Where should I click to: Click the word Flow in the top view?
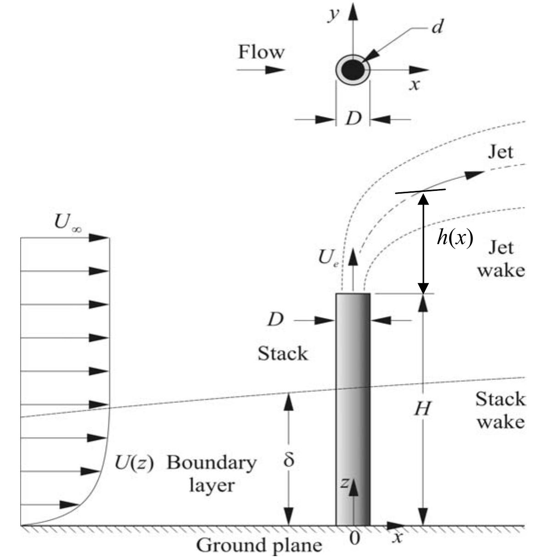pos(261,52)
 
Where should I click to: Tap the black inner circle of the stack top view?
pos(353,70)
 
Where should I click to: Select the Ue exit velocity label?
pos(329,259)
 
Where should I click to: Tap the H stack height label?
pos(422,408)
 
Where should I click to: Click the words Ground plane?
pos(259,546)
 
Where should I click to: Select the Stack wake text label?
pos(500,410)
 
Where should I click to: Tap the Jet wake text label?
pos(500,259)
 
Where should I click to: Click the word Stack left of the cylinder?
pos(282,354)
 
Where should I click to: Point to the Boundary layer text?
pos(211,473)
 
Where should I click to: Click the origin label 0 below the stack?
pos(354,538)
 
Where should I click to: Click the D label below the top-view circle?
pos(353,119)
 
